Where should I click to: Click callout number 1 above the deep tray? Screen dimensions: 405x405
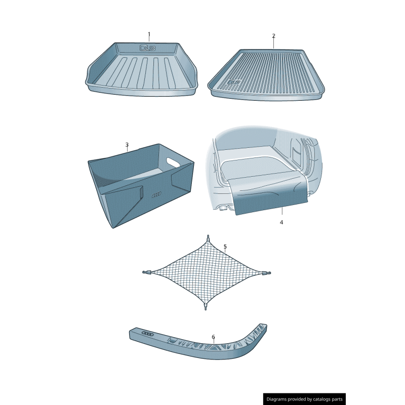(149, 34)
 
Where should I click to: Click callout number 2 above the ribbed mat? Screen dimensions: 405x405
(274, 36)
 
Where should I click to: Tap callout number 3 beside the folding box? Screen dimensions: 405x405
(127, 145)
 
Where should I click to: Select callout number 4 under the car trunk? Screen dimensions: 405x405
(281, 222)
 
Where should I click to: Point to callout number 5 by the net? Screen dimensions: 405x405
(225, 247)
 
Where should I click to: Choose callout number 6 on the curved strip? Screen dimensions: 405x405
(213, 337)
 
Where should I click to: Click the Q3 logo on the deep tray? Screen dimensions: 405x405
(148, 48)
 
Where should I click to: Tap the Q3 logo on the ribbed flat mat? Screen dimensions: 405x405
(234, 82)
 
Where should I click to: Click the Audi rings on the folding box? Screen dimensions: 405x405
(156, 195)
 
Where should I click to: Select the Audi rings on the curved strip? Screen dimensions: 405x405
(148, 334)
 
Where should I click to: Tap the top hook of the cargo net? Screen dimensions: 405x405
(208, 238)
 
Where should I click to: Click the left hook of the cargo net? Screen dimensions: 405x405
(146, 272)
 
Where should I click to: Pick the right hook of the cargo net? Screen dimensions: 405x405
(267, 273)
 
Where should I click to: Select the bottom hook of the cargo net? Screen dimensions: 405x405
(206, 307)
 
